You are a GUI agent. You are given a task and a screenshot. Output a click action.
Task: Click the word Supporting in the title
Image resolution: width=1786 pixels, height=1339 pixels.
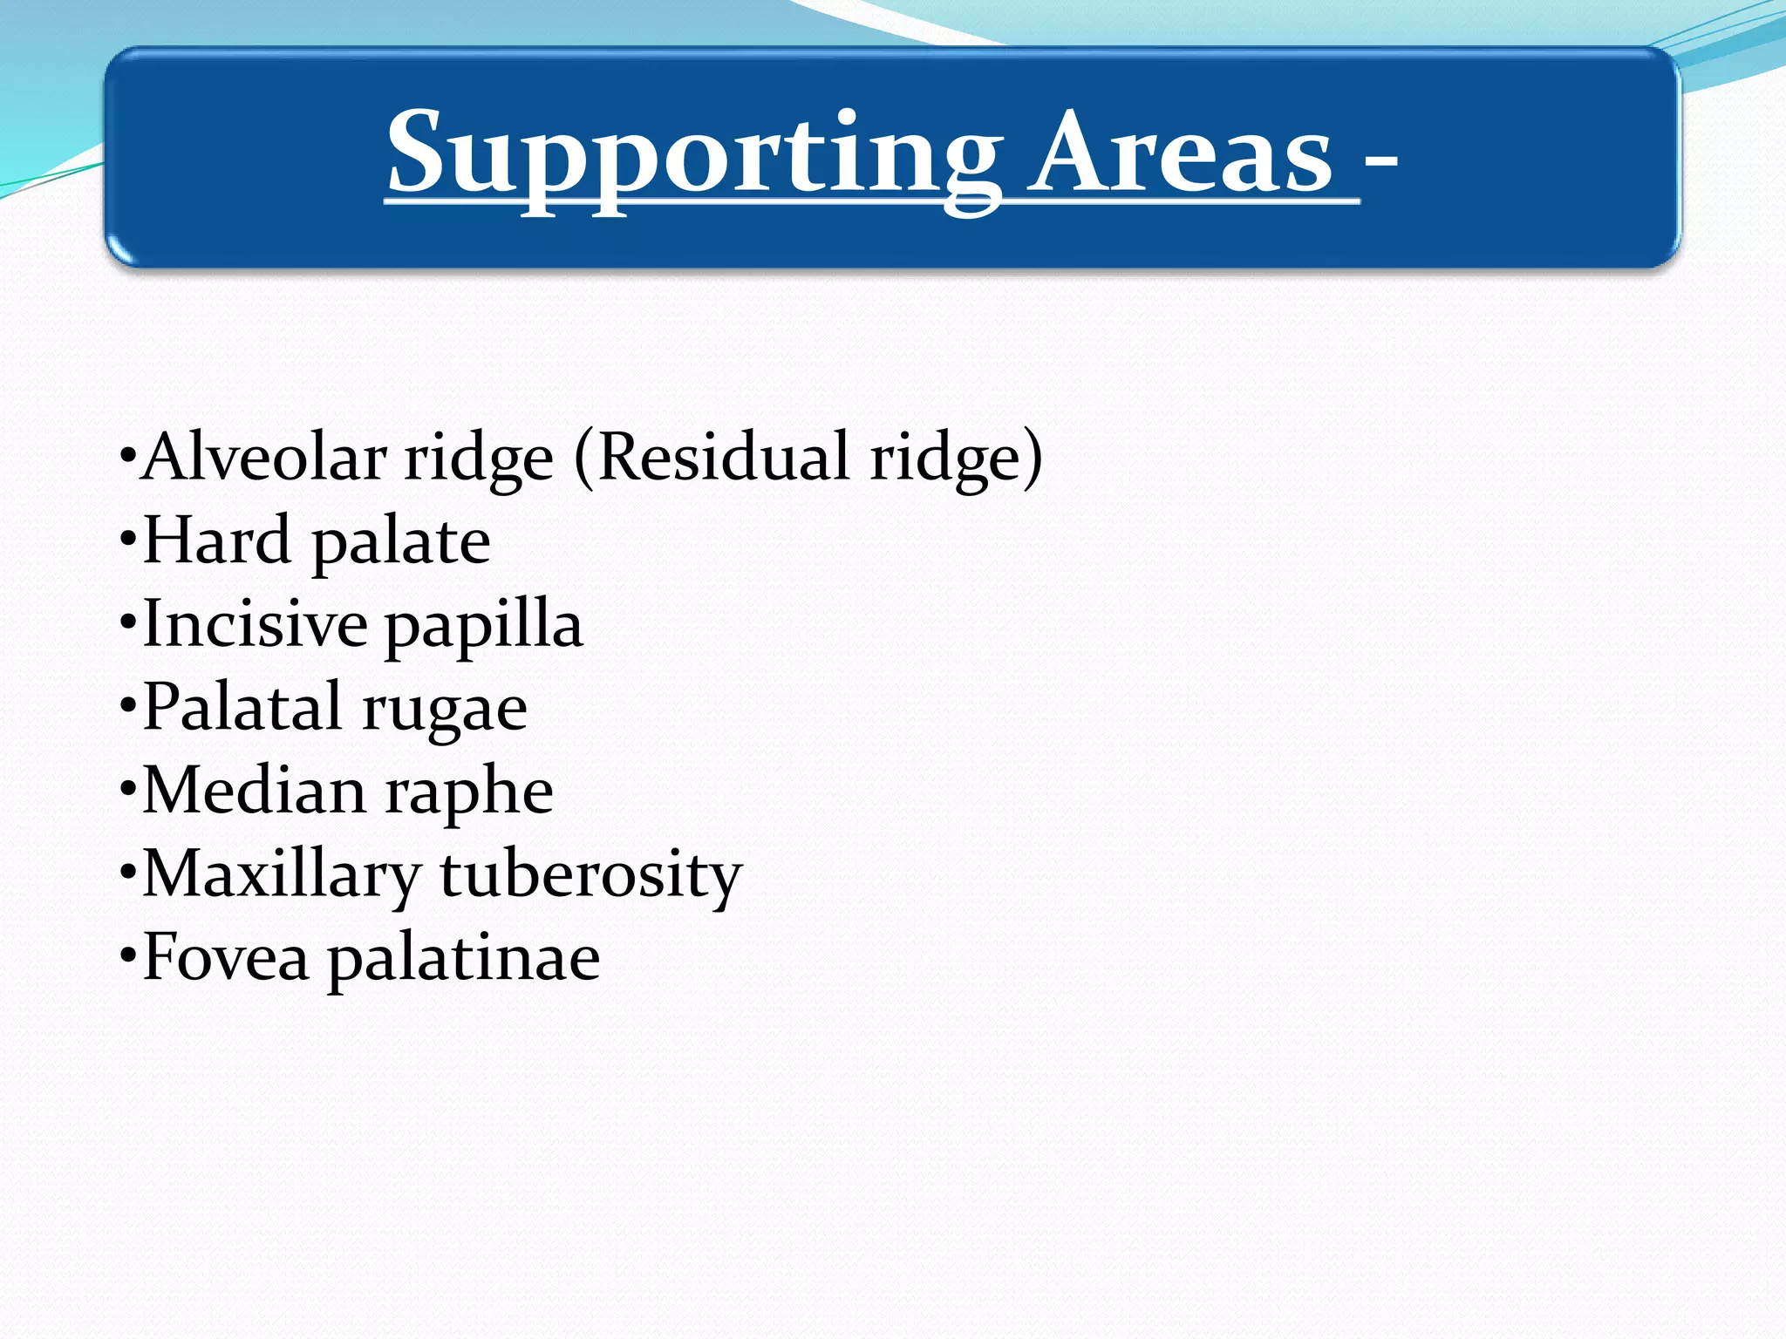click(693, 155)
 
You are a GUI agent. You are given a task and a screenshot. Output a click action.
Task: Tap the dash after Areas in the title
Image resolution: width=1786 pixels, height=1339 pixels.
click(1380, 161)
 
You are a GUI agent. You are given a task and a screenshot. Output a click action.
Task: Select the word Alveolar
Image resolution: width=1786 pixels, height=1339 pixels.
click(261, 457)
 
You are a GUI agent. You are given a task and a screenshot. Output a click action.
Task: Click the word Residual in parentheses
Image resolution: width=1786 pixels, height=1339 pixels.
click(723, 457)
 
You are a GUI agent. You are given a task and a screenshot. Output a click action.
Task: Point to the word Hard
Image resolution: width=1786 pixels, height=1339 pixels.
click(216, 540)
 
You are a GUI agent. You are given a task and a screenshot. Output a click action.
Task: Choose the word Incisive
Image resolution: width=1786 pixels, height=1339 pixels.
click(255, 624)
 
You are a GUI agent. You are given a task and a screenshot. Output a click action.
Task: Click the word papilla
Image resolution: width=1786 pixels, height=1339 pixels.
click(484, 628)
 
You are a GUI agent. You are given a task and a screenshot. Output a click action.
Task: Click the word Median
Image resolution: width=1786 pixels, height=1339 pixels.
click(254, 790)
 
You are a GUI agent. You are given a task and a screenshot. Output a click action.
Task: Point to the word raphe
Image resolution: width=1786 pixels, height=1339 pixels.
click(469, 793)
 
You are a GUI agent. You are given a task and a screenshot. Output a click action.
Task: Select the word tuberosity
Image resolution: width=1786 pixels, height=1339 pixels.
click(591, 875)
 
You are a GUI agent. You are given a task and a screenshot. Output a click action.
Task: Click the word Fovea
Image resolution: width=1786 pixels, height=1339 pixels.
click(226, 957)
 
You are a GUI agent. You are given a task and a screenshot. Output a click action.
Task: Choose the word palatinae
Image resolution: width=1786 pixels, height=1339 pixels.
click(463, 959)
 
